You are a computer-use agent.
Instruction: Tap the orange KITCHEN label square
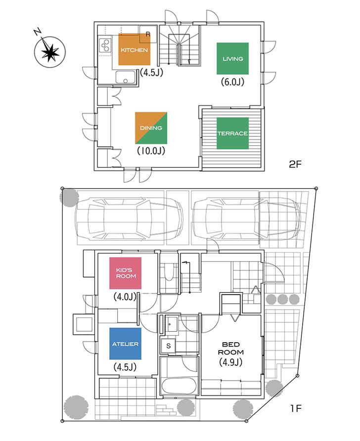(x=134, y=50)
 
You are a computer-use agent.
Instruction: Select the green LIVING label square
(x=232, y=59)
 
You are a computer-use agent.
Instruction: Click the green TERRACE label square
(x=232, y=133)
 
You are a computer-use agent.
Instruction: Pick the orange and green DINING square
(x=151, y=128)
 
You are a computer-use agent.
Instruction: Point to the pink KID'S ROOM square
(x=126, y=273)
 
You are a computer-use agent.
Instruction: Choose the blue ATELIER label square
(x=125, y=344)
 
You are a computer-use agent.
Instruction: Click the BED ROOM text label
(x=231, y=348)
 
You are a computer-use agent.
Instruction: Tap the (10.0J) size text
(x=151, y=150)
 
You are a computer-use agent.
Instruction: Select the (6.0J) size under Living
(x=232, y=82)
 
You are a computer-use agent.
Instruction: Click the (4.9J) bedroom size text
(x=231, y=362)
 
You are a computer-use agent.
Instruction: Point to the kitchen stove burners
(x=105, y=45)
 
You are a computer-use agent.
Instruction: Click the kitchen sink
(x=126, y=78)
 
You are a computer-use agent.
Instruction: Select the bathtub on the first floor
(x=179, y=381)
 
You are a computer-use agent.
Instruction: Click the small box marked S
(x=168, y=346)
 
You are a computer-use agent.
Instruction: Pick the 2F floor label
(x=295, y=165)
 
